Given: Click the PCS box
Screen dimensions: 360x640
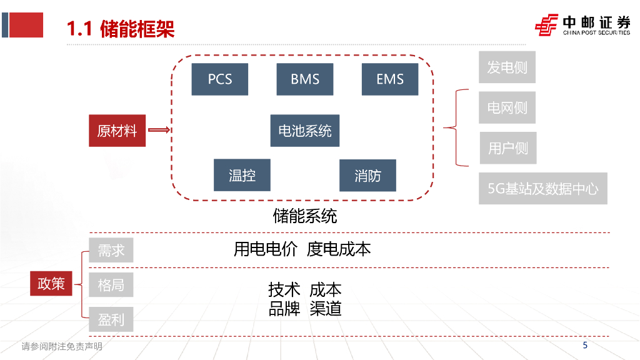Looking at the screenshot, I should (220, 79).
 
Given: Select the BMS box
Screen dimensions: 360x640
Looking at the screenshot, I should (305, 79).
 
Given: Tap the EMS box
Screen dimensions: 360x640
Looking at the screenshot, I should (390, 79).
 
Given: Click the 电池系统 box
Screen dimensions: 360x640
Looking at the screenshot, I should (305, 131).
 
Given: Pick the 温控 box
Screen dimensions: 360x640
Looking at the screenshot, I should (242, 175).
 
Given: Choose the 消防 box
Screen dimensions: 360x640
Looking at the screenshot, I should (367, 175).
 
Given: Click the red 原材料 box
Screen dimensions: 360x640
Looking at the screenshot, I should (117, 131).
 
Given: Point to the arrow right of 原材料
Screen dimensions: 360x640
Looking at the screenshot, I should (159, 131).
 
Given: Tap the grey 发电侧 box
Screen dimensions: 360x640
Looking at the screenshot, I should (507, 67).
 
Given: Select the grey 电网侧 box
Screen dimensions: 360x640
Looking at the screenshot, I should (507, 107).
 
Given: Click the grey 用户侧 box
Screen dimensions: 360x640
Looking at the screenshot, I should (507, 148).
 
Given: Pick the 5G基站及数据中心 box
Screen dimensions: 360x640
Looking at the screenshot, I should (543, 188).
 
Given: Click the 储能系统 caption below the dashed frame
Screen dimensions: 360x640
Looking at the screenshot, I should (305, 216).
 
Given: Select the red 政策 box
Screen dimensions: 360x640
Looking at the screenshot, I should (51, 283).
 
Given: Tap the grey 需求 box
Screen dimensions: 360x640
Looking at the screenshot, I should (111, 250).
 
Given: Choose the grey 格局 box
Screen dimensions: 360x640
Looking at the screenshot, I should (111, 285).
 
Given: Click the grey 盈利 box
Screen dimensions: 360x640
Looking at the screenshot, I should (111, 320).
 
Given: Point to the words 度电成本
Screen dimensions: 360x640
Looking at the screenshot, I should (339, 249).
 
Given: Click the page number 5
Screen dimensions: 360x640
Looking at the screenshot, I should (585, 345).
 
